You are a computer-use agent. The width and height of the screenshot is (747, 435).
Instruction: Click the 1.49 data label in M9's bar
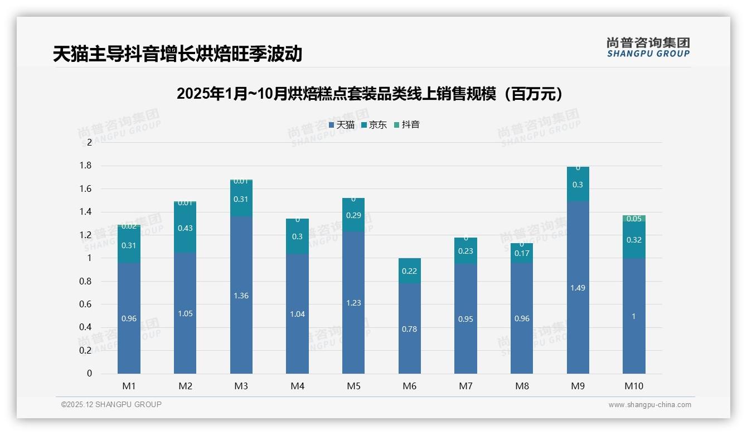(578, 288)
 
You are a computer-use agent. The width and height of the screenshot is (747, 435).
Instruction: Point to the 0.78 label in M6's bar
(409, 329)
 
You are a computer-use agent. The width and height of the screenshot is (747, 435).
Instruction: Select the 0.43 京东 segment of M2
(185, 228)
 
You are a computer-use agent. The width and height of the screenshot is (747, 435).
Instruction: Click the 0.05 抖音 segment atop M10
(634, 219)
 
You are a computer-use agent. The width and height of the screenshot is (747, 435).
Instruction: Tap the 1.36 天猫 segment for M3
(241, 296)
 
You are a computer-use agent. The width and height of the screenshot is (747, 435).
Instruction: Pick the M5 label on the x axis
(353, 386)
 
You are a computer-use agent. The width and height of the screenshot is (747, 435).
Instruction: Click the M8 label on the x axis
(521, 386)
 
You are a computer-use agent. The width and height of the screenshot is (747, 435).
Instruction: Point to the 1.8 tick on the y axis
(85, 166)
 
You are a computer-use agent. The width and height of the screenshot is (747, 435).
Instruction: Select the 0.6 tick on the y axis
(85, 304)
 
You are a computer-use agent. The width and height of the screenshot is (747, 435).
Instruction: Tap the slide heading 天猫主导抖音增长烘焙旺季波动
(177, 54)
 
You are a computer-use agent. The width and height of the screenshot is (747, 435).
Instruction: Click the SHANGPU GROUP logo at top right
(648, 47)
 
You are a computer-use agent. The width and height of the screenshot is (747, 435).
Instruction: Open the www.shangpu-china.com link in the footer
(649, 405)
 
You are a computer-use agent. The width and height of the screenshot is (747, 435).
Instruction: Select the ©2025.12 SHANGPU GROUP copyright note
(111, 405)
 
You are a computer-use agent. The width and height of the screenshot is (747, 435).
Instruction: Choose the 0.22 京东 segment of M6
(409, 271)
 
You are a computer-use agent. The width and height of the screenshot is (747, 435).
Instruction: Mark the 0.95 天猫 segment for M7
(465, 319)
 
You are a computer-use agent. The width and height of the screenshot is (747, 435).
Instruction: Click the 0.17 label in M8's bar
(522, 253)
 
